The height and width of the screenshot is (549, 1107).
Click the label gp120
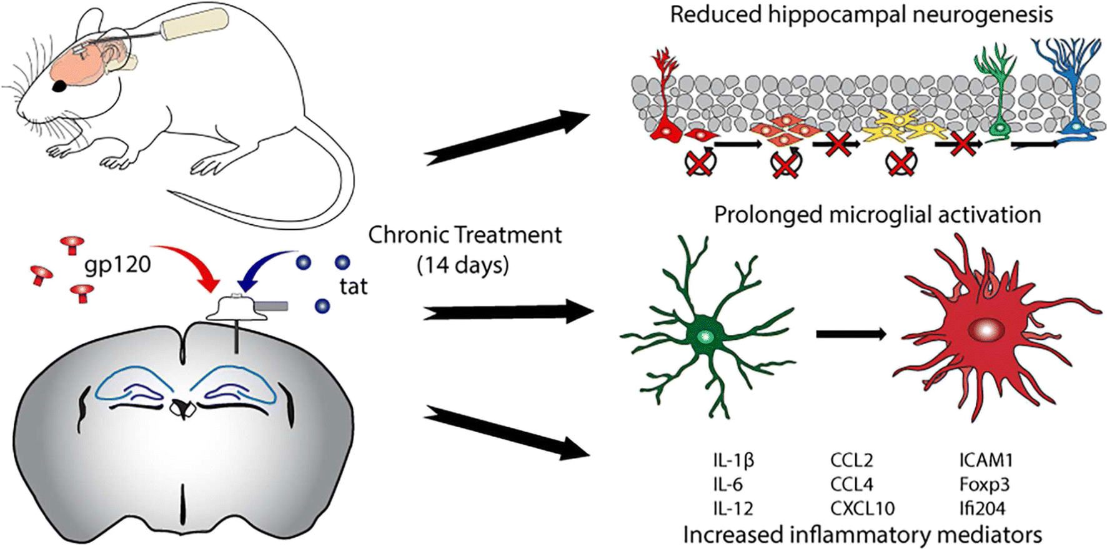coord(117,265)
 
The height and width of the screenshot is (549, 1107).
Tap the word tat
coord(353,287)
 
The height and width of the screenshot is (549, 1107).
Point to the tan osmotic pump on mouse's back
coord(195,24)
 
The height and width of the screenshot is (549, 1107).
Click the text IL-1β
coord(733,460)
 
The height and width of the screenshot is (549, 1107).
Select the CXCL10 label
coord(862,508)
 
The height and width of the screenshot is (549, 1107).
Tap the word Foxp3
coord(984,485)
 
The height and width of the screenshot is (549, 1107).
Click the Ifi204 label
coord(982,508)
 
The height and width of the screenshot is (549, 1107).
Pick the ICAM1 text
coord(986,460)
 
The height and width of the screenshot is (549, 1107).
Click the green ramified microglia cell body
coord(706,337)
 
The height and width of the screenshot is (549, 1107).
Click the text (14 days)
coord(463,265)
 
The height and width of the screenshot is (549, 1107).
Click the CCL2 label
coord(851,460)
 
